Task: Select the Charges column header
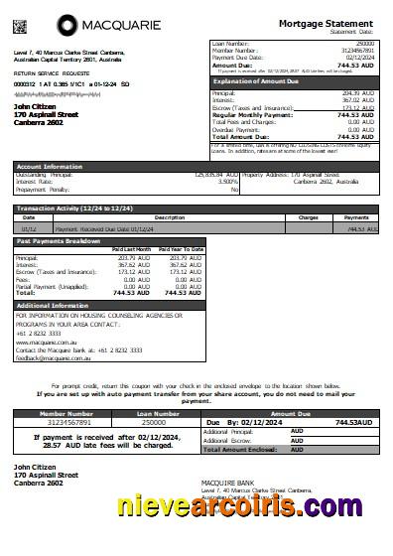308,216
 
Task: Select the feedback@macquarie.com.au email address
51,357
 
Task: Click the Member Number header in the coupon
65,413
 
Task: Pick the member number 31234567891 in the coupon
65,422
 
